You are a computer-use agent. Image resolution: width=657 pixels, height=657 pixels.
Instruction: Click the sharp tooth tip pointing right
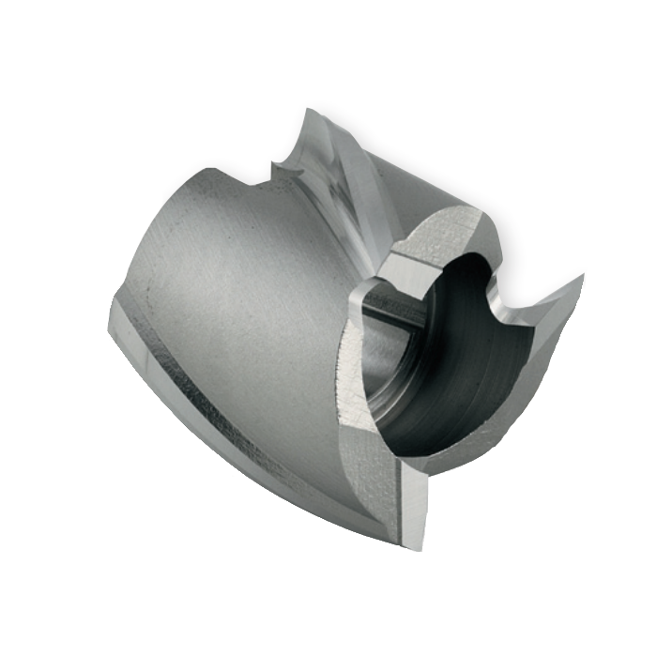(583, 277)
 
